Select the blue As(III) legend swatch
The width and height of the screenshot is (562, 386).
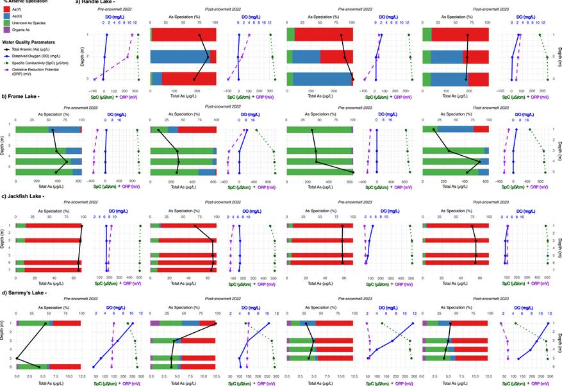[7, 17]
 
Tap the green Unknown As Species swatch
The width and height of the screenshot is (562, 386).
[7, 23]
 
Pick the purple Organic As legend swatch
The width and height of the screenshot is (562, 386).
[7, 29]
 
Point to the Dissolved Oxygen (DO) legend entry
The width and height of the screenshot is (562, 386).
[32, 56]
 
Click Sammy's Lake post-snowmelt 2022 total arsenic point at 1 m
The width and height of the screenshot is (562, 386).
[215, 323]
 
